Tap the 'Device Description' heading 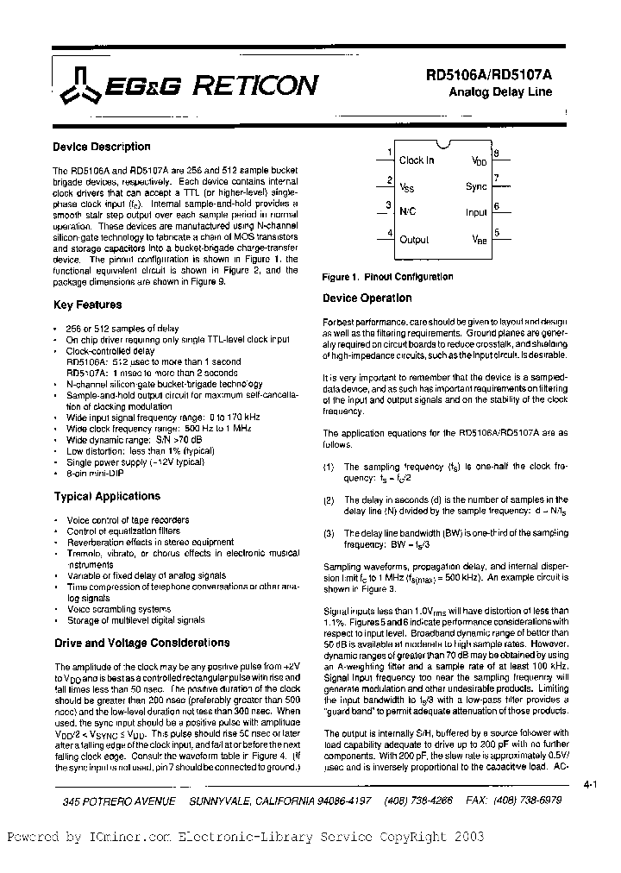[x=101, y=147]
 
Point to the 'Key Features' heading [x=87, y=305]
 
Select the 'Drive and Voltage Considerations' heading [x=141, y=643]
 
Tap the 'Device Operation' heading [x=367, y=298]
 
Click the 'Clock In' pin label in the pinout [x=417, y=160]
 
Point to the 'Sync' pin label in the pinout [x=476, y=186]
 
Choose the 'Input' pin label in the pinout [x=476, y=212]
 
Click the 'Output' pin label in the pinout [x=414, y=240]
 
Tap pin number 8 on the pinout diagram [x=496, y=154]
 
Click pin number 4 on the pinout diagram [x=390, y=232]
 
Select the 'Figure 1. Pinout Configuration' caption [x=387, y=277]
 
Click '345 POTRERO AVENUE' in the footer [x=119, y=801]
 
